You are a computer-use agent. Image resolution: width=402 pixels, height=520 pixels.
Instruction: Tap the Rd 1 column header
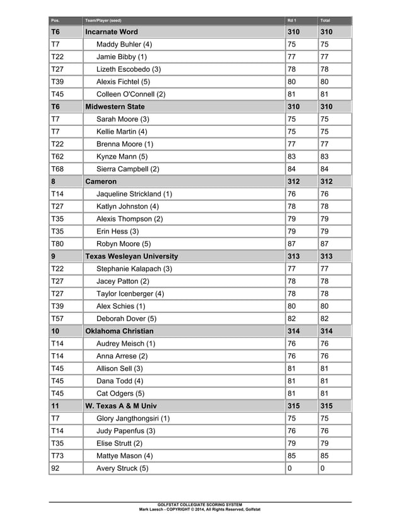pyautogui.click(x=292, y=20)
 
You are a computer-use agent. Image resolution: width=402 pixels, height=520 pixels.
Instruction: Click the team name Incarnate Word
pyautogui.click(x=112, y=31)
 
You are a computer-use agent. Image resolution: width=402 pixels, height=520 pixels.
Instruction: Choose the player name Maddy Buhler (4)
pyautogui.click(x=124, y=45)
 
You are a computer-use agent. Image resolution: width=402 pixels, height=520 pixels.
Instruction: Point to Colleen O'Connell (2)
pyautogui.click(x=131, y=94)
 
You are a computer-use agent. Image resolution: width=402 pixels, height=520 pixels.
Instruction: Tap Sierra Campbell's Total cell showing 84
pyautogui.click(x=325, y=169)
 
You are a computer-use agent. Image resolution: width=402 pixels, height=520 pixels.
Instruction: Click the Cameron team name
pyautogui.click(x=101, y=181)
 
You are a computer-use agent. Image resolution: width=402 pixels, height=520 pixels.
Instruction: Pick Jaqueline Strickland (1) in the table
pyautogui.click(x=134, y=194)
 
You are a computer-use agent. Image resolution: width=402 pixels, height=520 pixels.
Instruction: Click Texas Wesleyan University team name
pyautogui.click(x=132, y=256)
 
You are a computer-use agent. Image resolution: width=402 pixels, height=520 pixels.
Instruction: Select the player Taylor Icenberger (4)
pyautogui.click(x=130, y=293)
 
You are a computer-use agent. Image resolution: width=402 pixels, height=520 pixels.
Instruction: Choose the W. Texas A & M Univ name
pyautogui.click(x=120, y=406)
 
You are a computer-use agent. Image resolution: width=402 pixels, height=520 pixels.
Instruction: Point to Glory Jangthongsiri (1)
pyautogui.click(x=133, y=418)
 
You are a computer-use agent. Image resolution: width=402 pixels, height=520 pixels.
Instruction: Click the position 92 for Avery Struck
pyautogui.click(x=55, y=468)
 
